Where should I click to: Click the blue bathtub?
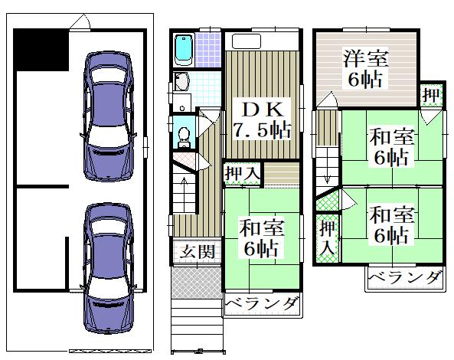[x=184, y=51]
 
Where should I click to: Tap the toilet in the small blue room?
[x=184, y=138]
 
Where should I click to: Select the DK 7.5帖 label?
[x=262, y=120]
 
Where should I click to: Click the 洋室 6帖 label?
[x=365, y=69]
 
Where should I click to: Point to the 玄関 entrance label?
[x=198, y=251]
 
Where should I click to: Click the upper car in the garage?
[x=108, y=116]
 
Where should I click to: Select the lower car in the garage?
[x=108, y=268]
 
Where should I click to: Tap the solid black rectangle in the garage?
[x=41, y=50]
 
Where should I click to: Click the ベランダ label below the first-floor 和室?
[x=262, y=305]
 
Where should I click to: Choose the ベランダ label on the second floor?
[x=405, y=277]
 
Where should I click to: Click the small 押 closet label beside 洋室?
[x=431, y=95]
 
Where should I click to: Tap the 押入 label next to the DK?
[x=242, y=174]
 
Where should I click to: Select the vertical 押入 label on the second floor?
[x=327, y=238]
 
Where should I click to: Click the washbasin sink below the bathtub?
[x=181, y=81]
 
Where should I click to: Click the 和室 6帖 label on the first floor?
[x=262, y=238]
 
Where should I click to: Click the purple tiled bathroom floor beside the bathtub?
[x=208, y=50]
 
